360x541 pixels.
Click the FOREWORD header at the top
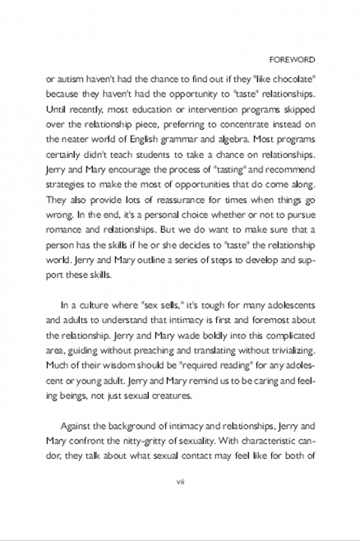tap(292, 61)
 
